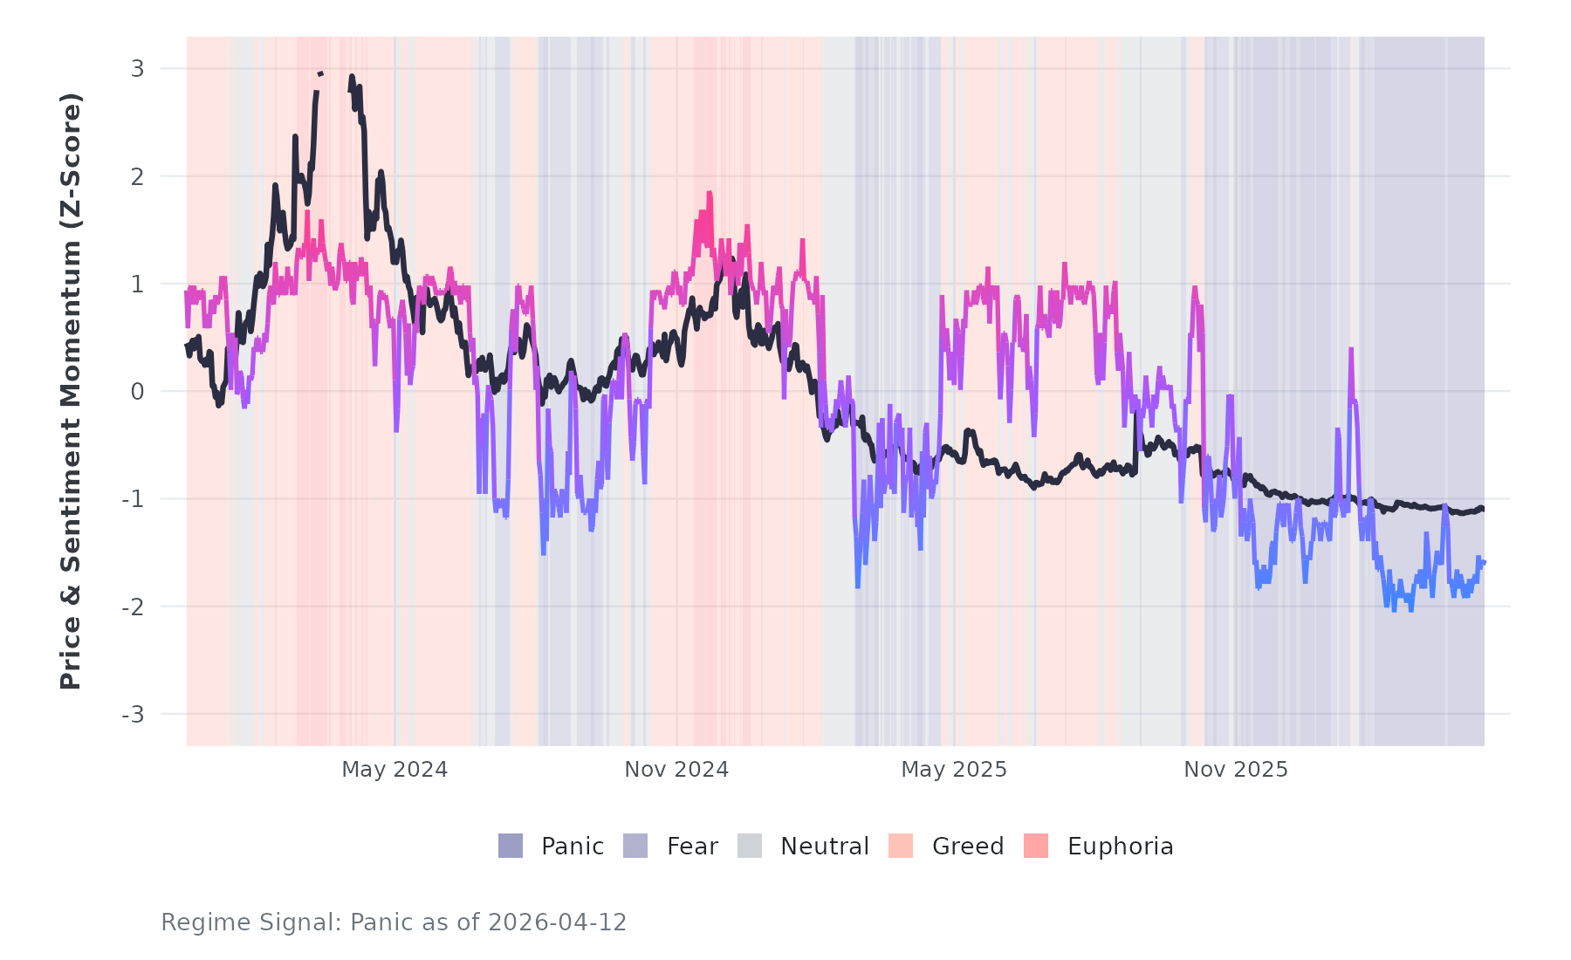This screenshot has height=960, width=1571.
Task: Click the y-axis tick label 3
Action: click(137, 69)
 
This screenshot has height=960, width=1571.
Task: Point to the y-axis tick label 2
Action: click(137, 176)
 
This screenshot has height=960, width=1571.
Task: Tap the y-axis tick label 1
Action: click(137, 284)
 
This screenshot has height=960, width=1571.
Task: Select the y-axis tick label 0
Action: click(137, 392)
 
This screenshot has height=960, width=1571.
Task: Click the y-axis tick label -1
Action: click(133, 499)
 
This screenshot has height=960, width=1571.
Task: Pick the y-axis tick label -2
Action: click(133, 607)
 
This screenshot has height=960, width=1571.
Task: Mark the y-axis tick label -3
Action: click(133, 715)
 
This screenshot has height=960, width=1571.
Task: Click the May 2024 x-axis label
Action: click(394, 770)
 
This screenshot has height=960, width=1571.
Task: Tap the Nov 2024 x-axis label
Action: click(676, 770)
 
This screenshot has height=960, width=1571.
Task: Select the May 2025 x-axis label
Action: click(954, 770)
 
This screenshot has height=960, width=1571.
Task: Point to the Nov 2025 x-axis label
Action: click(1236, 770)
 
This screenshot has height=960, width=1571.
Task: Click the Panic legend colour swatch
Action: click(511, 846)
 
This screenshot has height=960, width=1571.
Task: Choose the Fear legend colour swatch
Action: click(635, 846)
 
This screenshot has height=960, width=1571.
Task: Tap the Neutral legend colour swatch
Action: click(750, 846)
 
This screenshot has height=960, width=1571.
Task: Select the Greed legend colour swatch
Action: click(901, 846)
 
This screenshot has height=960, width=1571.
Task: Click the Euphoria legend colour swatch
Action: click(1036, 846)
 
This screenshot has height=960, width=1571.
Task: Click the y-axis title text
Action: click(71, 391)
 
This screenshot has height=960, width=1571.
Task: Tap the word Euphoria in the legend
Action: click(1120, 847)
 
